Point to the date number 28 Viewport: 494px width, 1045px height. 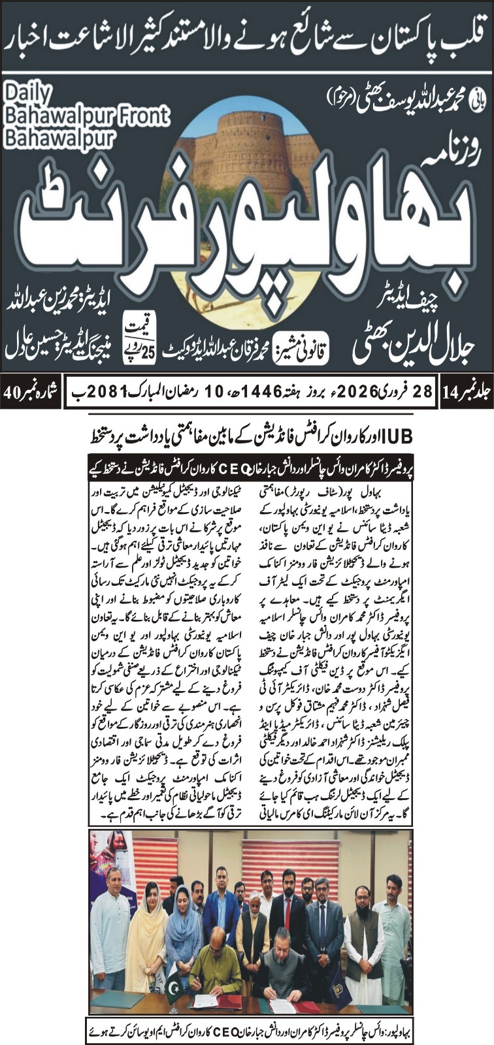click(423, 392)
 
